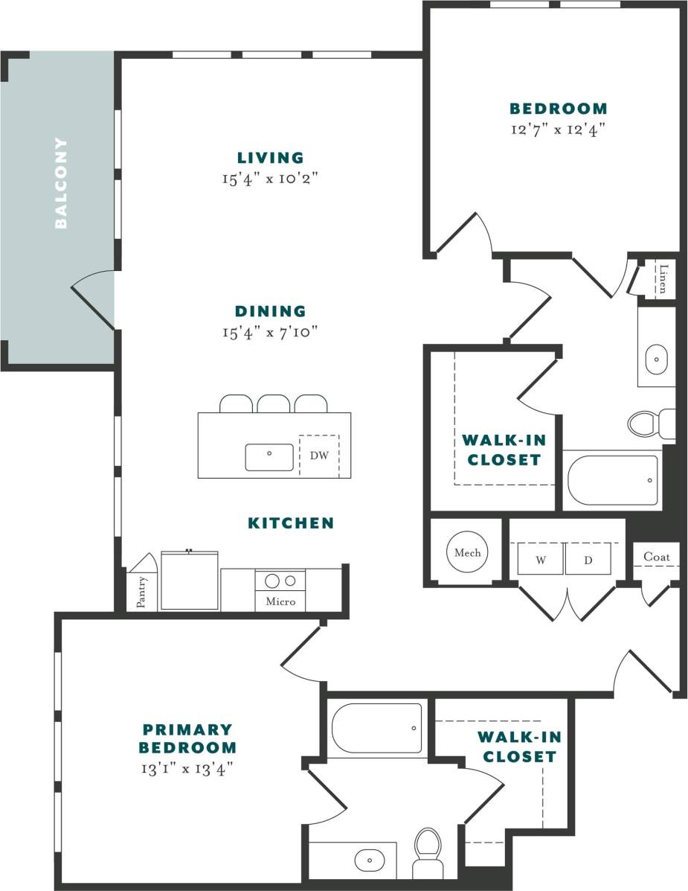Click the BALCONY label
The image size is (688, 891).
tap(61, 182)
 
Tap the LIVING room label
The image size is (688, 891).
tap(270, 158)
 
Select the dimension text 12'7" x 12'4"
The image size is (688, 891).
tap(559, 129)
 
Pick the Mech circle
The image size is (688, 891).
tap(468, 552)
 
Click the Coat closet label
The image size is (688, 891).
tap(657, 557)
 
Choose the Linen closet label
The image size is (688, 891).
tap(663, 278)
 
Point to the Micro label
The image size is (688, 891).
tap(280, 601)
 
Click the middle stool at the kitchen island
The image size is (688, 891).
tap(274, 403)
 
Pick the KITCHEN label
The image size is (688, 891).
tap(291, 523)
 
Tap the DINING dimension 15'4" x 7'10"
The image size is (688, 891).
tap(270, 332)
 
